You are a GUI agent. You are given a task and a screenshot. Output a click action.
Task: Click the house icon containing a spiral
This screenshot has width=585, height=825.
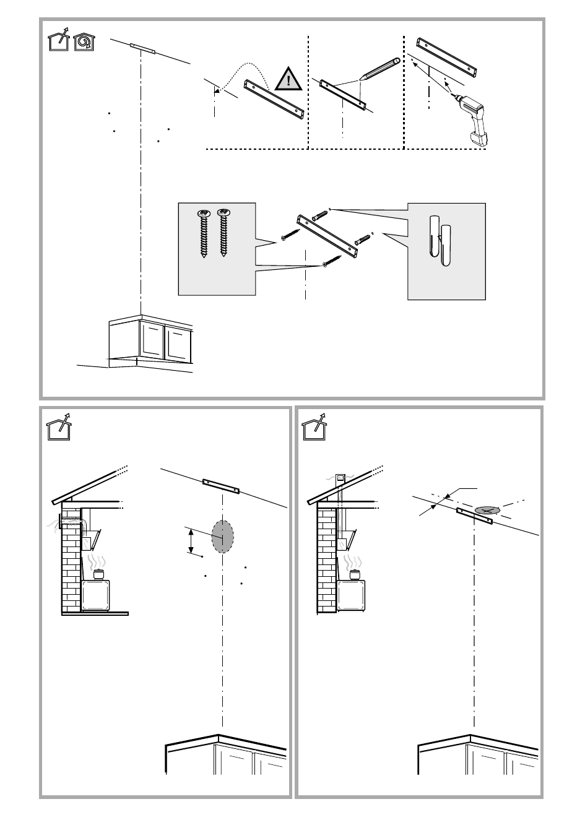coord(84,42)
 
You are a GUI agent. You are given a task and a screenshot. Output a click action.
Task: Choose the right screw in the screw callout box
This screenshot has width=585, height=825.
coord(223,233)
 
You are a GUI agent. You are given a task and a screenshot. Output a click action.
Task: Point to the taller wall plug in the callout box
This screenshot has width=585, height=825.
coord(434,236)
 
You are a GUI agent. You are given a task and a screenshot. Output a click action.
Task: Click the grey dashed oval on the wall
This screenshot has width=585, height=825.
coord(222,536)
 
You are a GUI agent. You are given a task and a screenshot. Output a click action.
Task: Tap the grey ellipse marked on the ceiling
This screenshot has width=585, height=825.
coord(487,510)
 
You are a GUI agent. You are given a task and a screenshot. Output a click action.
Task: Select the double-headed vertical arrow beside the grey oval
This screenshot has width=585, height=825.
coord(191,541)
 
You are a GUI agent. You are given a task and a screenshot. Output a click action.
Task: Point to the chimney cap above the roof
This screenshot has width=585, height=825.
coord(340,478)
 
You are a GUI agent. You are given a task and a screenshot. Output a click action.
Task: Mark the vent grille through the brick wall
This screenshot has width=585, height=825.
coord(70,524)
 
